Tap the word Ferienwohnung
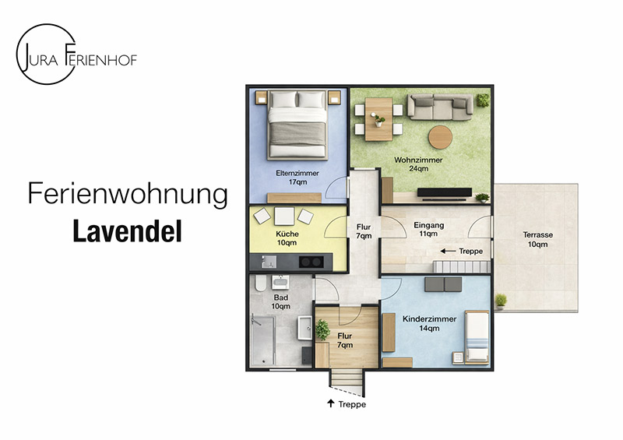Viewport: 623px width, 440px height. coord(128,195)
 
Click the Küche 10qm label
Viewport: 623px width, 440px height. coord(287,238)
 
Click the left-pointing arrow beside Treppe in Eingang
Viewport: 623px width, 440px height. coord(447,252)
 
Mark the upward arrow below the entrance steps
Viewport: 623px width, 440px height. coord(331,403)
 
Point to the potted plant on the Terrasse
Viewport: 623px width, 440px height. coord(501,300)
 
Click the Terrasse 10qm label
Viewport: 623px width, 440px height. coord(538,239)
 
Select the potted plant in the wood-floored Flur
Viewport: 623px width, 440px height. coord(322,329)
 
